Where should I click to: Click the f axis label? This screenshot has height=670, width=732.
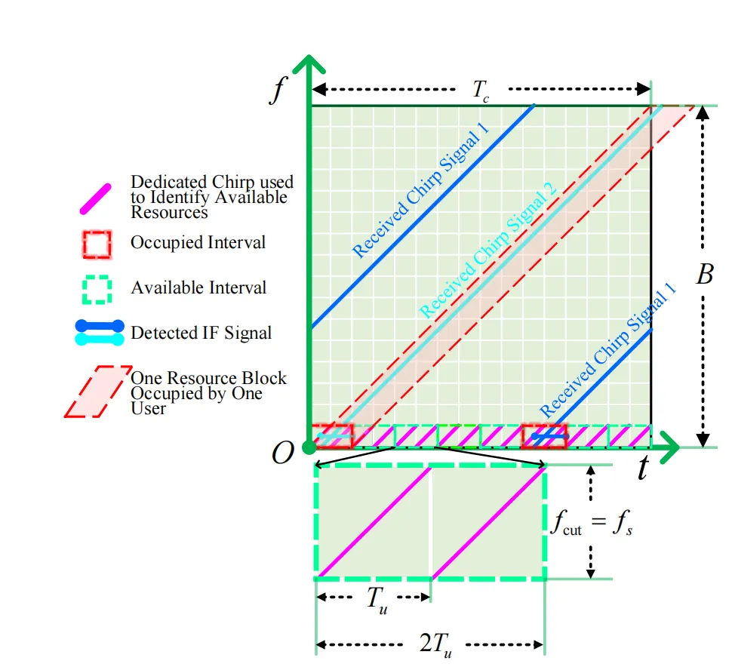279,89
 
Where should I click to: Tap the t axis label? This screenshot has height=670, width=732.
642,469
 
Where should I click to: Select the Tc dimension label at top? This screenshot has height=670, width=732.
481,90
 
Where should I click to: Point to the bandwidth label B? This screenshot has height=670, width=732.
704,275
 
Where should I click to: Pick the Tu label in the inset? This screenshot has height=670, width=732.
377,598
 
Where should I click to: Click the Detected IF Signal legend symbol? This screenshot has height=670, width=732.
99,333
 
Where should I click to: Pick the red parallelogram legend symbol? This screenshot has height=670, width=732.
97,392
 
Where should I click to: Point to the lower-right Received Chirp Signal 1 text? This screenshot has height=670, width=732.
608,351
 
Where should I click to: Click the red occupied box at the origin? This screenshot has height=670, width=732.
332,436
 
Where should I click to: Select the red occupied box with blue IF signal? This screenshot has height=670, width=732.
544,436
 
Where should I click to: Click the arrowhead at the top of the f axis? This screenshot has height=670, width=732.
309,66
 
